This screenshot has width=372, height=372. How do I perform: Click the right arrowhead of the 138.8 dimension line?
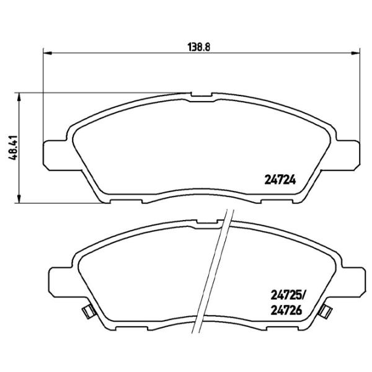tap(353, 53)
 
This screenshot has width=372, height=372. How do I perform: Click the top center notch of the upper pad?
tap(201, 96)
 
